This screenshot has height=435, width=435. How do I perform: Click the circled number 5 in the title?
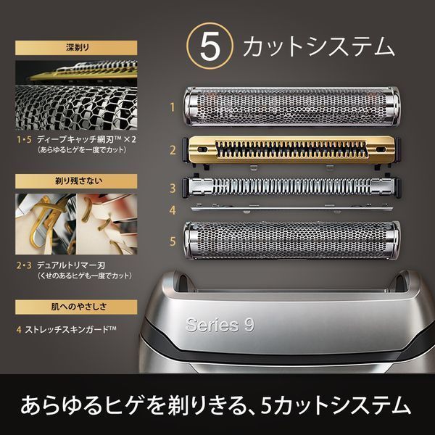click(209, 47)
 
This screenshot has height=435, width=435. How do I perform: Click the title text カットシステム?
click(318, 47)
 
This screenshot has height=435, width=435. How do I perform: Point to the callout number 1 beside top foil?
click(172, 107)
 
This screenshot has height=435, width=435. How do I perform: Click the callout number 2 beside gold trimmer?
click(172, 150)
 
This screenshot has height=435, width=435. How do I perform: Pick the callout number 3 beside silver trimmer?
click(172, 188)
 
